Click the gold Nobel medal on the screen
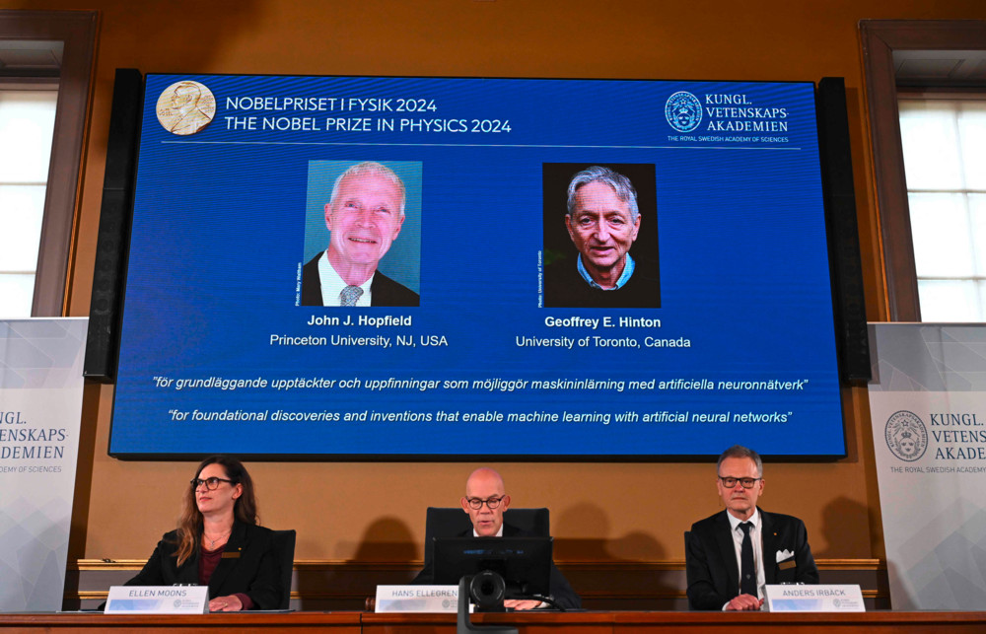coord(185,107)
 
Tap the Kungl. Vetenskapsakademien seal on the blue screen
coord(682,111)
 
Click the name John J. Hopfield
coord(359,320)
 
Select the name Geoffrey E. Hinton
coord(602,322)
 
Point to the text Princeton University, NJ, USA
coord(359,340)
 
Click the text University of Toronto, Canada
coord(602,342)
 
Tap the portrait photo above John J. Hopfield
coord(361,233)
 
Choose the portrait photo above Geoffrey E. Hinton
coord(600,235)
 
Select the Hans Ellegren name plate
coord(418,599)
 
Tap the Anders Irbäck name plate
coord(814,598)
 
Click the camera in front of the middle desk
coord(487,590)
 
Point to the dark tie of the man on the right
coord(747,557)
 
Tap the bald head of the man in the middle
coord(484,482)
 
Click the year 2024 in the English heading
coord(490,125)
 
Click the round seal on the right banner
coord(905,436)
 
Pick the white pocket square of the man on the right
coord(785,555)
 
